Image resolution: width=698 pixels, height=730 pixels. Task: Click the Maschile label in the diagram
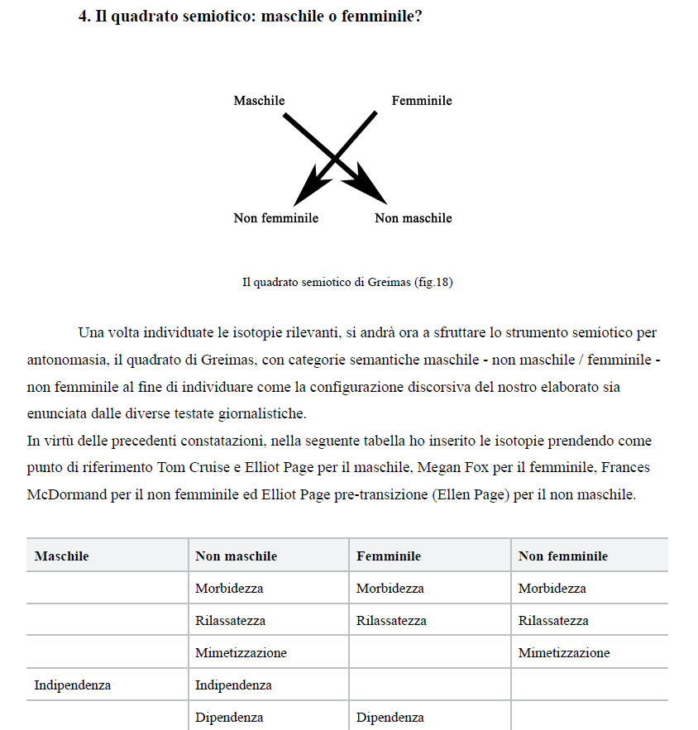pos(259,101)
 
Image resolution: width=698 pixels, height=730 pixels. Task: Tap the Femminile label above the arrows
pos(422,101)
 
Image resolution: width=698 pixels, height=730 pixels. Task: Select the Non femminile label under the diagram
pos(275,218)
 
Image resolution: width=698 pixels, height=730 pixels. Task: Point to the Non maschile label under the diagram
pos(414,218)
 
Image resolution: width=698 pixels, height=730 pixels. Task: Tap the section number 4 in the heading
pos(84,17)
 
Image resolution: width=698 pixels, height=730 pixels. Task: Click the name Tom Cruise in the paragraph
pos(194,468)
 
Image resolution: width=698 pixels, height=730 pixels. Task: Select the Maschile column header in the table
pos(61,556)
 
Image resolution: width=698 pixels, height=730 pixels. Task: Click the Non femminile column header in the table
pos(562,556)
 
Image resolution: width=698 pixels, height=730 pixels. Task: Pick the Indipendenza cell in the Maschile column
pos(72,685)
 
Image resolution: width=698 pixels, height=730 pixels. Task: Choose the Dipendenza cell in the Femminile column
pos(390,718)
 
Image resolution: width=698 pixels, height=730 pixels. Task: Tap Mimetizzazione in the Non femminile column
pos(563,653)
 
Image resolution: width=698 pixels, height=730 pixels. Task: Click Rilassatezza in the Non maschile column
pos(230,621)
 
